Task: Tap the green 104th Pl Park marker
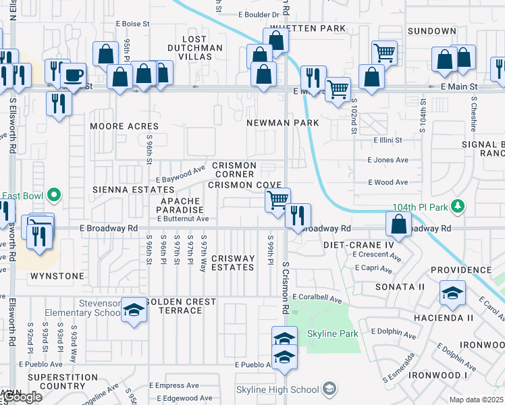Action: click(x=458, y=205)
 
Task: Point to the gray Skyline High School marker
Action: click(x=328, y=389)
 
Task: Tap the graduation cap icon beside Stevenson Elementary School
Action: click(x=134, y=310)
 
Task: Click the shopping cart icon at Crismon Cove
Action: click(x=277, y=200)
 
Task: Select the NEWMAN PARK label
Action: click(x=277, y=124)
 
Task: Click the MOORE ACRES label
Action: click(x=125, y=126)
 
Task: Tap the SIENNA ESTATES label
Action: click(x=129, y=190)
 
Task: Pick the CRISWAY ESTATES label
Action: click(x=233, y=263)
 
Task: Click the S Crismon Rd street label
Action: click(x=286, y=288)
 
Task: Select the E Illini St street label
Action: click(x=388, y=140)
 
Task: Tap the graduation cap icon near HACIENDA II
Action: click(x=452, y=292)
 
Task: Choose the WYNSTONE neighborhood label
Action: click(x=57, y=276)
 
